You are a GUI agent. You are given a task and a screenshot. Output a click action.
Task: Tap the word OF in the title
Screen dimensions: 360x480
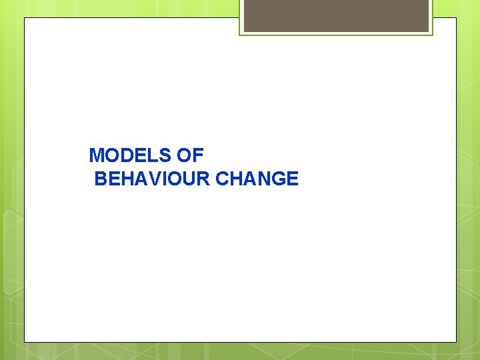click(190, 155)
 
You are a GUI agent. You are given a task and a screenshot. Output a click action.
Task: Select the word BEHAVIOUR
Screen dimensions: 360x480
click(153, 179)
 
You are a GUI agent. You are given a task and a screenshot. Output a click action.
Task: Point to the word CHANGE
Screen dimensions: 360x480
click(258, 179)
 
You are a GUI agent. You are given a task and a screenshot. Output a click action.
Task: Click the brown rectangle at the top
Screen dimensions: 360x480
click(336, 16)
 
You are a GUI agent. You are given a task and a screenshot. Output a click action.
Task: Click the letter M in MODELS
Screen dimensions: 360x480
click(97, 155)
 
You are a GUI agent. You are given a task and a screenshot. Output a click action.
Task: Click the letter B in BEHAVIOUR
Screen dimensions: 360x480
click(101, 179)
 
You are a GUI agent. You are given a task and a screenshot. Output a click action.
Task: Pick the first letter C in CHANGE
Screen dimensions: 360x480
click(223, 179)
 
